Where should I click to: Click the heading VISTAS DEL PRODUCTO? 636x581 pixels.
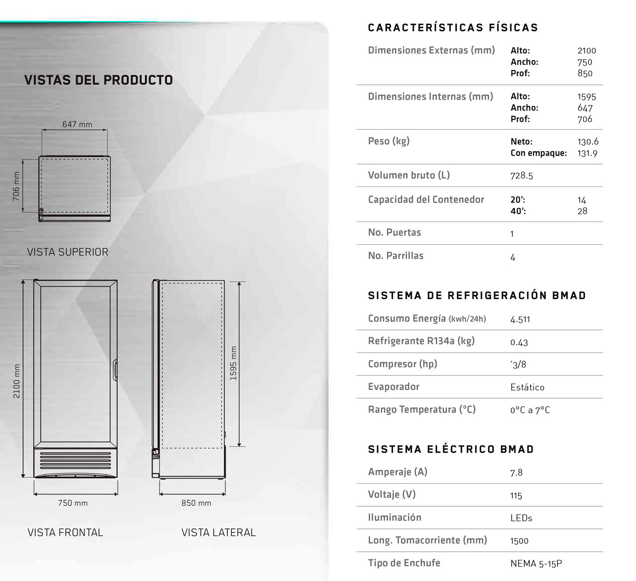tap(98, 80)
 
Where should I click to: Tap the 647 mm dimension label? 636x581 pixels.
tap(77, 124)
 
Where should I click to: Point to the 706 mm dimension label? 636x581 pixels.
tap(16, 187)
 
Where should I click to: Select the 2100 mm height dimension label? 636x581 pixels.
tap(17, 381)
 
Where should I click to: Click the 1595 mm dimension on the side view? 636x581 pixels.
tap(233, 363)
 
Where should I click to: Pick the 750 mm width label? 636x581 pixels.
tap(73, 503)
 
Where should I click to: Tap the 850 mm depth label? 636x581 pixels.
tap(196, 503)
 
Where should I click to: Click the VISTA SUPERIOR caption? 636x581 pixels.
tap(68, 252)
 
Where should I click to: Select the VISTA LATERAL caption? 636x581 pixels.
tap(218, 533)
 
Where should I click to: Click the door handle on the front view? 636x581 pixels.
tap(115, 370)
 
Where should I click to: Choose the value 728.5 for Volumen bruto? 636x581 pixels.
tap(521, 175)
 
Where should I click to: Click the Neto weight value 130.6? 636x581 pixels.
tap(588, 141)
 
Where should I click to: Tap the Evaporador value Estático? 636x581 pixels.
tap(527, 387)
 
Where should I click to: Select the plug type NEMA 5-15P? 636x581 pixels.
tap(536, 563)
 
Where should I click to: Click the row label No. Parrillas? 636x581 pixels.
tap(395, 256)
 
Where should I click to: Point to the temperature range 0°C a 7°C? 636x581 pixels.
tap(530, 410)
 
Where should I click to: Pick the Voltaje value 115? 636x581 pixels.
tap(516, 495)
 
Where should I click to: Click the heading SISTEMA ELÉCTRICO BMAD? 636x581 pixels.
tap(451, 449)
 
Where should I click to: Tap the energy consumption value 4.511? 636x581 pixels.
tap(520, 319)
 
